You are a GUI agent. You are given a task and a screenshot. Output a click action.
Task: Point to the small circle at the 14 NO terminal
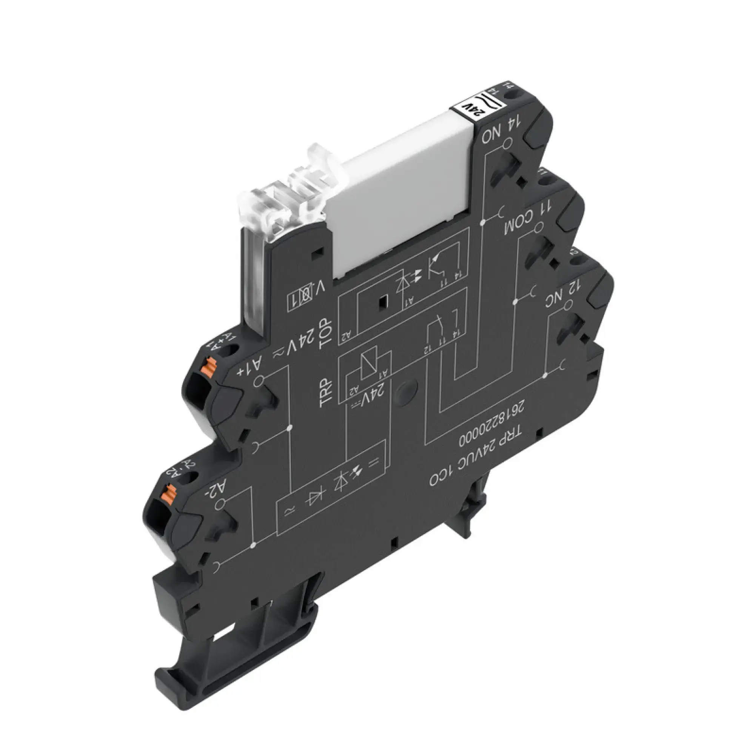(x=506, y=146)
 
